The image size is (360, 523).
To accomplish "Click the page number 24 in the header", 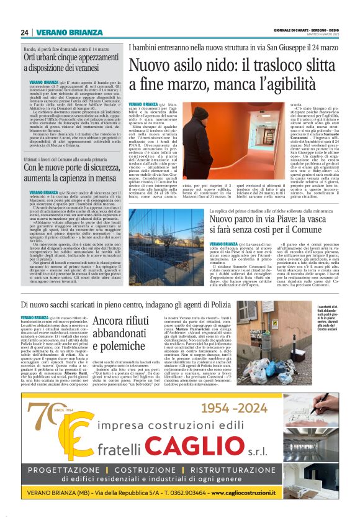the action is coord(24,32).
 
